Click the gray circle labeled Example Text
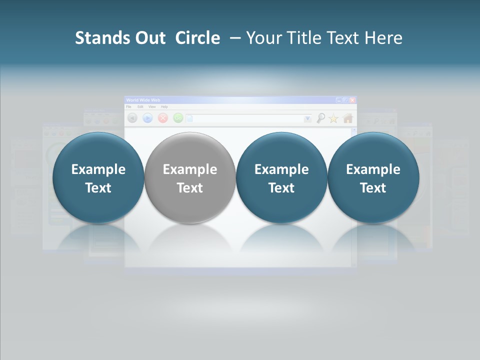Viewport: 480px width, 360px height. click(x=190, y=178)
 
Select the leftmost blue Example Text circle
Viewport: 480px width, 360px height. click(x=98, y=178)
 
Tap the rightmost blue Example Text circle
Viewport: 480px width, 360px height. click(x=373, y=178)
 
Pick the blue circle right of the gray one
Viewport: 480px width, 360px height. click(x=281, y=178)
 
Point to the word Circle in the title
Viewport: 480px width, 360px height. click(x=197, y=38)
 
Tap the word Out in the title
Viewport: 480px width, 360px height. click(x=149, y=38)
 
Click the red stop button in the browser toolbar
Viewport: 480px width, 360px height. click(x=162, y=118)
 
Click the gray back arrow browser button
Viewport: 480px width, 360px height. click(x=132, y=118)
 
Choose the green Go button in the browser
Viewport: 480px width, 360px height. click(x=177, y=118)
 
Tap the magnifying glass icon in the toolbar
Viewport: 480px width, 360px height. click(x=320, y=118)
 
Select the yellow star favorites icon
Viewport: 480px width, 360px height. click(x=333, y=118)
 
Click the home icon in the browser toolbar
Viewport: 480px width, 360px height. click(x=348, y=118)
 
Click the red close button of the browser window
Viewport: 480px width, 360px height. click(x=352, y=100)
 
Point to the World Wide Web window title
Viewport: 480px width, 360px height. click(x=143, y=100)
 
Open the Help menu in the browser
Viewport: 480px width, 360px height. click(x=164, y=107)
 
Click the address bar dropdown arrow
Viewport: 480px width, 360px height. click(x=307, y=118)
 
